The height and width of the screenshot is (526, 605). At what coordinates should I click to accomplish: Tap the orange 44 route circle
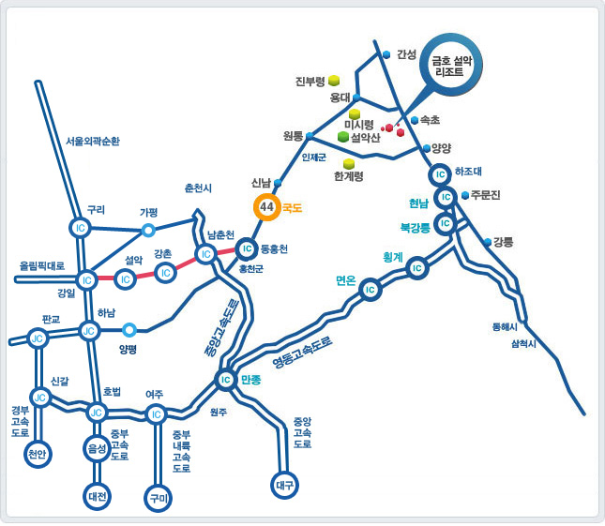coord(266,207)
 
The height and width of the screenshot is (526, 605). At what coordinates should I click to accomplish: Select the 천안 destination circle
coord(38,454)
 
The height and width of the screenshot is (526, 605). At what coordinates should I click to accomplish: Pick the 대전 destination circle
coord(97,494)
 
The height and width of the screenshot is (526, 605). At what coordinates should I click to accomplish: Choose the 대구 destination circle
coord(285,485)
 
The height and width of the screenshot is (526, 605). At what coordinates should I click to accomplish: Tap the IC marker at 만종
coord(224,380)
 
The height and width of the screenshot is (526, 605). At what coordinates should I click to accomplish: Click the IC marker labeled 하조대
coord(439,173)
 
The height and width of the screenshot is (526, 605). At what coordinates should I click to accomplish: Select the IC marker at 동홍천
coord(246,248)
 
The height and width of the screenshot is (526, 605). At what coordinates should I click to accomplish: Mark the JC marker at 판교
coord(38,338)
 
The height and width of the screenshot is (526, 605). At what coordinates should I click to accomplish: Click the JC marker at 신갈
coord(39,398)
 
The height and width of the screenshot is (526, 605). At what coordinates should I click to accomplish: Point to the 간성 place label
coord(406,54)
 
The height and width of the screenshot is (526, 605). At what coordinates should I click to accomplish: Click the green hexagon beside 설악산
coord(343,137)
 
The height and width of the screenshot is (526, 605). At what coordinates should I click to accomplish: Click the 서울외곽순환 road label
coord(92,142)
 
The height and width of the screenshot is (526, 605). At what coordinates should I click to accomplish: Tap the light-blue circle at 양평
coord(129,329)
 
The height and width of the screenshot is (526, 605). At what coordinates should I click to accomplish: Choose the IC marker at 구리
coord(79,227)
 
